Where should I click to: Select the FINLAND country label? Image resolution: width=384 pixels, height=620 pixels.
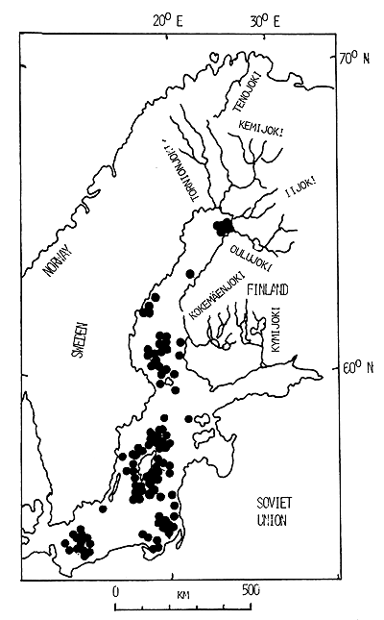(267, 289)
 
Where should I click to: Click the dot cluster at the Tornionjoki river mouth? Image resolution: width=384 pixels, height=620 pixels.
(224, 226)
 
